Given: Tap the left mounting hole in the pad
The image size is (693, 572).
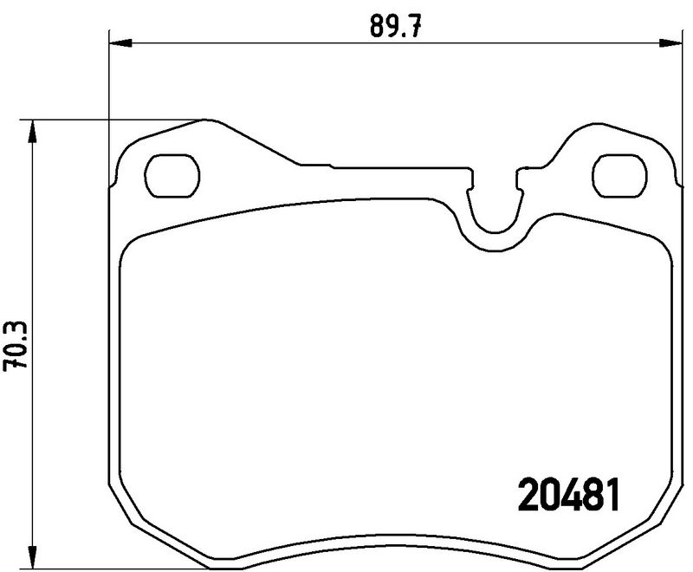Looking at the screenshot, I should (x=172, y=174).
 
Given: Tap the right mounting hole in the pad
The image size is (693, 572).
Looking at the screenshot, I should (x=621, y=174).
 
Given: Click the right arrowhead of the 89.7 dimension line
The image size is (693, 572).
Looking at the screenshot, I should (x=670, y=41).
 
